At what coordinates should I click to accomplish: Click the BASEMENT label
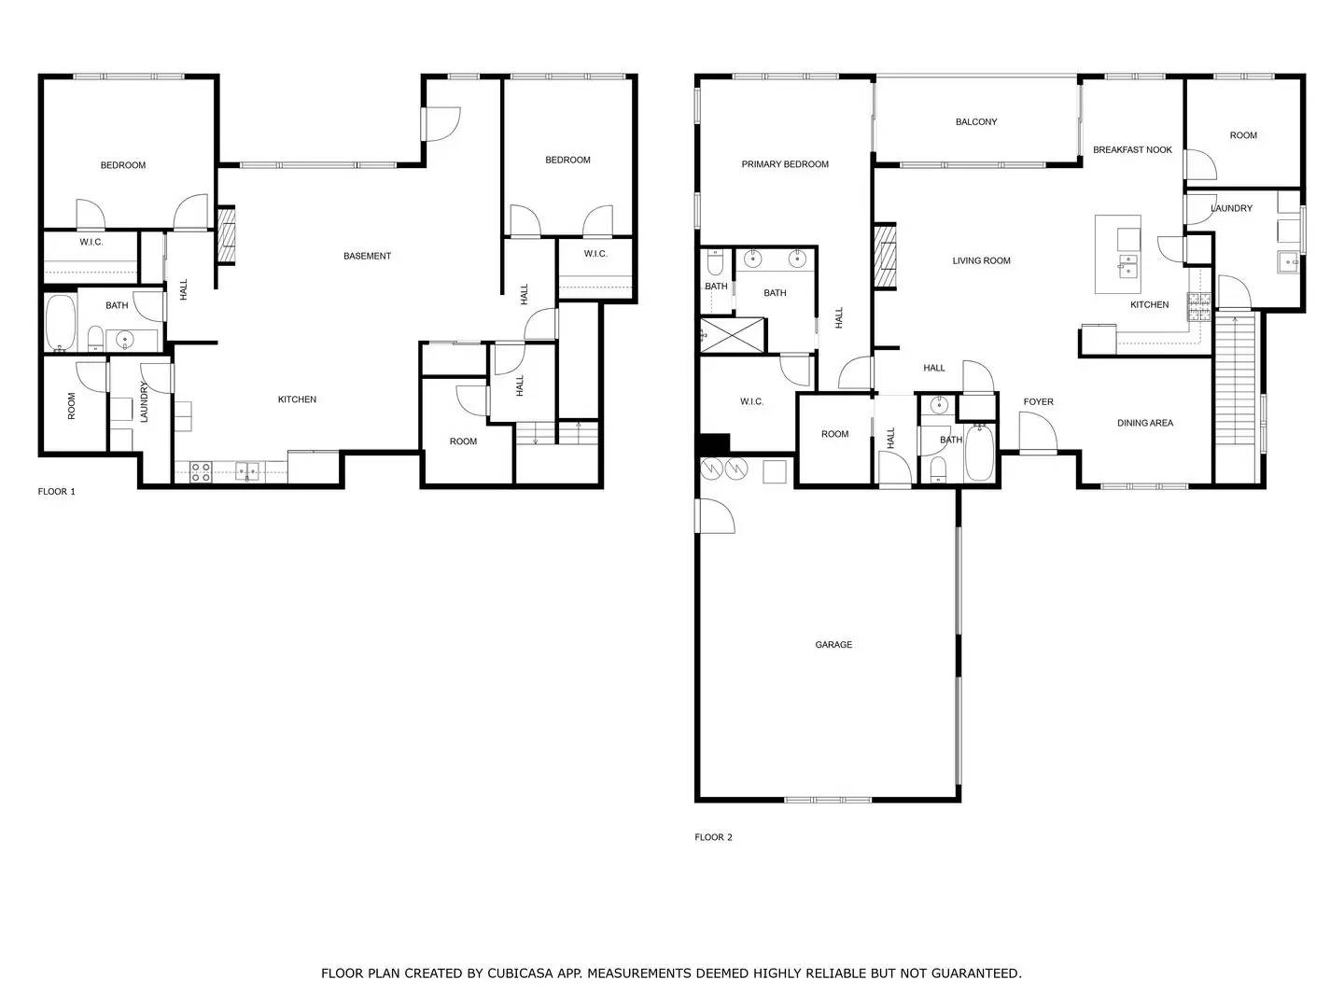367,256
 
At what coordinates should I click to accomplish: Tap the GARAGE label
833,645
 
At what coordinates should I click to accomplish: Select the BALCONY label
976,122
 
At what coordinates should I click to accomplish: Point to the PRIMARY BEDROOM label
785,164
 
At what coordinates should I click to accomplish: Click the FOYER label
1038,402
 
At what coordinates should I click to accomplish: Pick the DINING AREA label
1145,424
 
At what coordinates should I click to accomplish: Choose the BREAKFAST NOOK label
1132,150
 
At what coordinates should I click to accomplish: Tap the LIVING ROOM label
981,261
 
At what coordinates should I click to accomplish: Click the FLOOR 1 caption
57,492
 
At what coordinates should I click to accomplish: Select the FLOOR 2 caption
714,837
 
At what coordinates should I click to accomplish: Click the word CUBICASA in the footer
520,973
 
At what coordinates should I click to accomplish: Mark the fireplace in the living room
884,257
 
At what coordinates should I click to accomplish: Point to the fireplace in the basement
226,235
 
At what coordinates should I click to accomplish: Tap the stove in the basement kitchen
201,472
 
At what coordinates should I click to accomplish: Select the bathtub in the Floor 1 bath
61,323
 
